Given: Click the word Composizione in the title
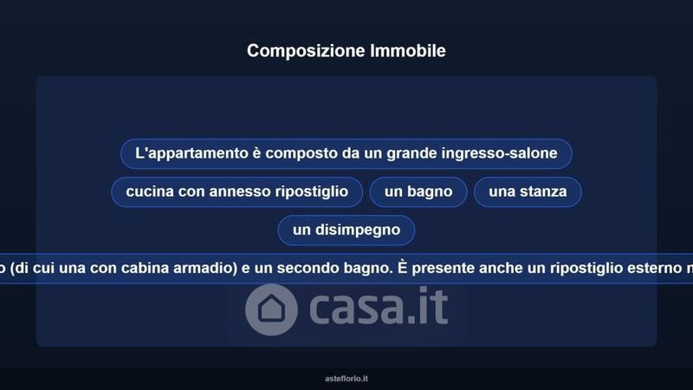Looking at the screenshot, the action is click(x=306, y=51).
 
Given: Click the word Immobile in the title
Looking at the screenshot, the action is click(x=407, y=50).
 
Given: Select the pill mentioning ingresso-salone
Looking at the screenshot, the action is click(x=346, y=153).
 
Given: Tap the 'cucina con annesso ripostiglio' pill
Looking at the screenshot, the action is click(x=236, y=192).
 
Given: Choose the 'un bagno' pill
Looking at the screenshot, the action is click(x=418, y=192).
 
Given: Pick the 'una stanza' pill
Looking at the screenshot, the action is click(x=528, y=192).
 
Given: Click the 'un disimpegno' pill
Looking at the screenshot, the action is click(x=346, y=230).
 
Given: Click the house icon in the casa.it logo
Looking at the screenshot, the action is click(x=271, y=309).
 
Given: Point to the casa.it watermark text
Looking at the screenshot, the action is click(x=379, y=306).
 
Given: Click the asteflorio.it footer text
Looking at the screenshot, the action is click(x=346, y=379).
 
